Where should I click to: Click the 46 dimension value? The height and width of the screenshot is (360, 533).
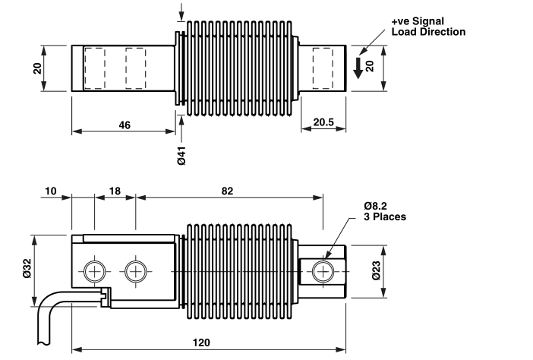pyautogui.click(x=125, y=125)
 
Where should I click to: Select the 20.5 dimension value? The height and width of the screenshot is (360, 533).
pyautogui.click(x=323, y=122)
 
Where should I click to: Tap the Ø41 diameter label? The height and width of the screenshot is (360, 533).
pyautogui.click(x=181, y=156)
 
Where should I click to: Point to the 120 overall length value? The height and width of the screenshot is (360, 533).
pyautogui.click(x=201, y=343)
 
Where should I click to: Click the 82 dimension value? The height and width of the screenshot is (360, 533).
pyautogui.click(x=228, y=191)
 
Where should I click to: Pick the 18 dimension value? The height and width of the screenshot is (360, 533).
pyautogui.click(x=115, y=191)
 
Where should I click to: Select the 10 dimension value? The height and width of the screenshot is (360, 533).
pyautogui.click(x=51, y=191)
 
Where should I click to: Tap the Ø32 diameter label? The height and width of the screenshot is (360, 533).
pyautogui.click(x=27, y=269)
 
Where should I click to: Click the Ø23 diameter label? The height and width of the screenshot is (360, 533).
pyautogui.click(x=376, y=271)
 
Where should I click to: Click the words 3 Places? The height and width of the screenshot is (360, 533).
pyautogui.click(x=385, y=217)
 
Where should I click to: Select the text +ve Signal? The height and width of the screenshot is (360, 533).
pyautogui.click(x=418, y=21)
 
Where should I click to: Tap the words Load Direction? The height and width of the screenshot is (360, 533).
pyautogui.click(x=428, y=32)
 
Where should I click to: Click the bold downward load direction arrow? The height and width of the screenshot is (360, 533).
pyautogui.click(x=358, y=68)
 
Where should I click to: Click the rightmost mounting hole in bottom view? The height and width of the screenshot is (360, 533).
pyautogui.click(x=323, y=272)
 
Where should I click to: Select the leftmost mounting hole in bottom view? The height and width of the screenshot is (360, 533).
pyautogui.click(x=94, y=272)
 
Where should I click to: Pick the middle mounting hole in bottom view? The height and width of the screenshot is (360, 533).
pyautogui.click(x=136, y=272)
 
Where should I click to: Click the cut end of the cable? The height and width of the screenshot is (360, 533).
pyautogui.click(x=43, y=343)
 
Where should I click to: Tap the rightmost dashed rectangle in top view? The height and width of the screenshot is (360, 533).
pyautogui.click(x=323, y=68)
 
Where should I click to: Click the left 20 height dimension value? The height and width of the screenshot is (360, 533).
pyautogui.click(x=37, y=68)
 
